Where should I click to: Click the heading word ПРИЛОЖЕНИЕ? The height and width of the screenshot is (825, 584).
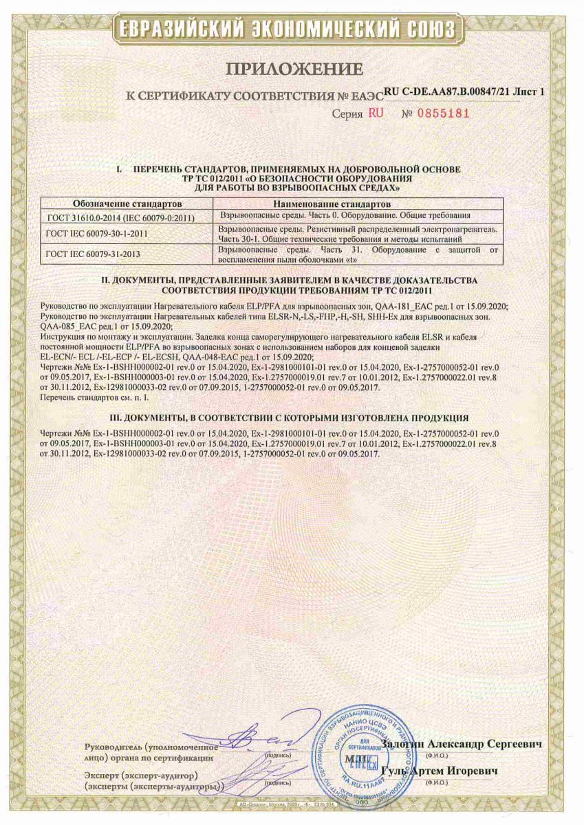click(x=292, y=69)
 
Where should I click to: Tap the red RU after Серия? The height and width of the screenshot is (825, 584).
click(x=376, y=113)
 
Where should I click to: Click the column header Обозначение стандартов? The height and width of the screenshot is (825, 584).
click(x=127, y=204)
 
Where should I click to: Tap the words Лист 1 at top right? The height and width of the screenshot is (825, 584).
click(x=525, y=91)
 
